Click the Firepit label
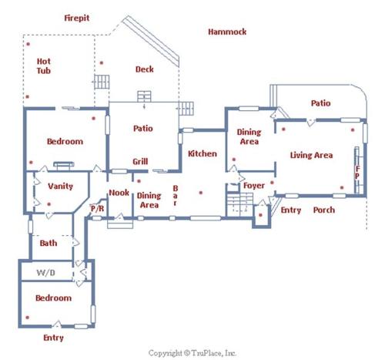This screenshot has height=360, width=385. point(77,18)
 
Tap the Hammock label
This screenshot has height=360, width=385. point(227,32)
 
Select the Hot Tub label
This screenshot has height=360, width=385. point(44,66)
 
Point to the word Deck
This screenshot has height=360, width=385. point(145,69)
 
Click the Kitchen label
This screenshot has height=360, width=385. point(203,153)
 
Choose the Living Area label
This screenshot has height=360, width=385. point(311,155)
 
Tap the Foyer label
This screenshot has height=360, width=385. point(254,186)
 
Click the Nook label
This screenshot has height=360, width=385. point(119,193)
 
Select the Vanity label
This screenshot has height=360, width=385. point(60,186)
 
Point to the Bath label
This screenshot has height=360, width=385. point(49,243)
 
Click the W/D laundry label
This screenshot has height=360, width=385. point(45,273)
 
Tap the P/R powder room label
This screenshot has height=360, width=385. point(97,208)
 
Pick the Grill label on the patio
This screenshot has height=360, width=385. point(140,161)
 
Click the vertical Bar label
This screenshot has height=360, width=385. point(176,196)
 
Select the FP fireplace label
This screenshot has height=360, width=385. point(357,172)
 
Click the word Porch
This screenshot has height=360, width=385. point(324,210)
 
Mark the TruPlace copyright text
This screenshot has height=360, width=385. point(192,353)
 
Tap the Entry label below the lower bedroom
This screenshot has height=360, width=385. point(53,338)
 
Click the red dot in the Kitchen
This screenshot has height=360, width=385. point(201,193)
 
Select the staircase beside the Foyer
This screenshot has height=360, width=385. point(239,204)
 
